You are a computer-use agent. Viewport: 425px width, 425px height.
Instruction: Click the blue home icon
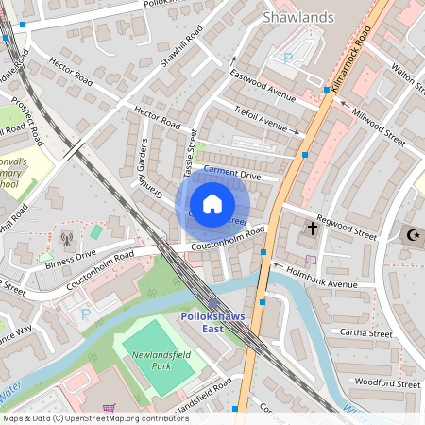[x=212, y=204]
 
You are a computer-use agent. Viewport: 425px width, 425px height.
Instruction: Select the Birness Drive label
[x=72, y=256]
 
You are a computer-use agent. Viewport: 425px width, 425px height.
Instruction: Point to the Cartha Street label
[x=366, y=333]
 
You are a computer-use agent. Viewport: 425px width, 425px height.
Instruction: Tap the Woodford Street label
[x=385, y=384]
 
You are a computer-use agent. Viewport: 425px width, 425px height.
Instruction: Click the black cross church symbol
[x=313, y=229]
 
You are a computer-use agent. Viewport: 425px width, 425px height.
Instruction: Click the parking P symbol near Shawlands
[x=288, y=59]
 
